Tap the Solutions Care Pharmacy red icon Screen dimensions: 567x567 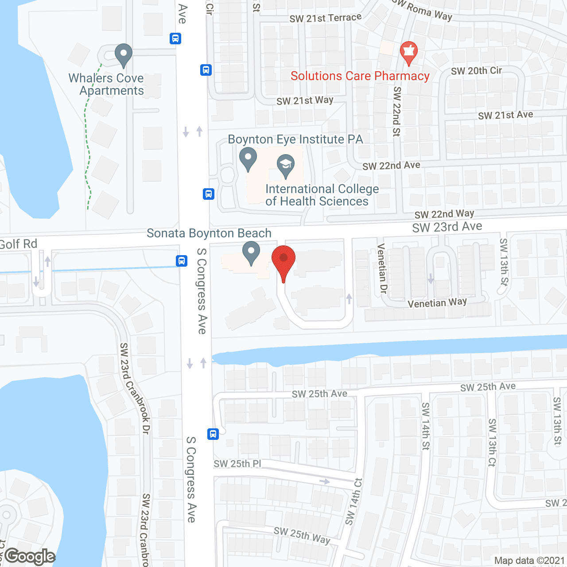408,52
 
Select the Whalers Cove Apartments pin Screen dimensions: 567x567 124,55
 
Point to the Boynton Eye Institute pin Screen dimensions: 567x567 248,158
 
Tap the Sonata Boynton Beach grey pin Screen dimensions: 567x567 251,252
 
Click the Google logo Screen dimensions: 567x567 30,556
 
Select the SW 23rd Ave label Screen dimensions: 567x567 447,227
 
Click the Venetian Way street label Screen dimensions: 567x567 437,303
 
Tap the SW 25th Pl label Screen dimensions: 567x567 237,464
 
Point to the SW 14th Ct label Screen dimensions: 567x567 354,501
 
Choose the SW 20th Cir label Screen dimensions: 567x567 476,71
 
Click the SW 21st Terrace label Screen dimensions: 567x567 326,18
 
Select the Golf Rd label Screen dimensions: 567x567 19,244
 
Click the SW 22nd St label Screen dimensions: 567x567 397,111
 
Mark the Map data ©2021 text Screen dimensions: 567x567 529,560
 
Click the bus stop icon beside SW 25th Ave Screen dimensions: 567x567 213,434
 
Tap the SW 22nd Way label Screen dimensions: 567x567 444,214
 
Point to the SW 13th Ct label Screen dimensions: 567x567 492,442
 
